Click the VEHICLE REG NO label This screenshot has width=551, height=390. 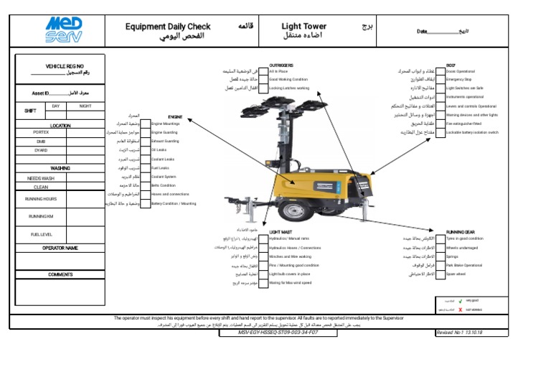coord(65,66)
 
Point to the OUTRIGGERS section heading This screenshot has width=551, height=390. coord(281,65)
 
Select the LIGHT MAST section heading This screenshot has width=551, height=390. coord(281,233)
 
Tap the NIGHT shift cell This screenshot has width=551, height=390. coord(85,106)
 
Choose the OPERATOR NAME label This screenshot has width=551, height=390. coord(60,248)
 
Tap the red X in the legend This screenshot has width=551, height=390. coord(459,309)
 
